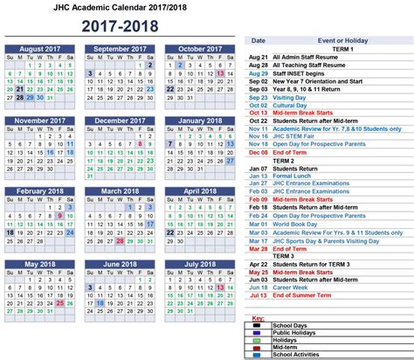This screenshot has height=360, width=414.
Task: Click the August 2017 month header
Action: click(43, 48)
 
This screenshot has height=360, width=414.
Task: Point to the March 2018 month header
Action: click(121, 191)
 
